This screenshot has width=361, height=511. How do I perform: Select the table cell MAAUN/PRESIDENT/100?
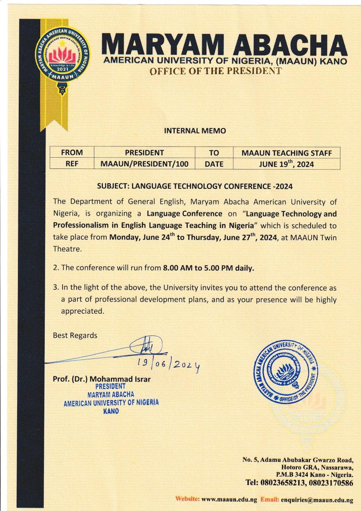(x=144, y=164)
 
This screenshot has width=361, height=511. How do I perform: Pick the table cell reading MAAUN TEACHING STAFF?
(x=286, y=153)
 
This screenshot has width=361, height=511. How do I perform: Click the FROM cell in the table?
(x=72, y=153)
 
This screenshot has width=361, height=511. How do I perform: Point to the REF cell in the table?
(x=72, y=164)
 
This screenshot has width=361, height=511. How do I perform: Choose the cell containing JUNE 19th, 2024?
(x=286, y=164)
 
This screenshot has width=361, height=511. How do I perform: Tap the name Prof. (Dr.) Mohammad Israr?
(x=102, y=379)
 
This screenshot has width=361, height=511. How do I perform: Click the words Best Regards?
(x=75, y=335)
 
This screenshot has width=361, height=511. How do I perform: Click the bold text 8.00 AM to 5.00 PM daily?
(x=208, y=268)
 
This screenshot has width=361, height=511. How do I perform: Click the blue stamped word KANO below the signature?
(x=111, y=411)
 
